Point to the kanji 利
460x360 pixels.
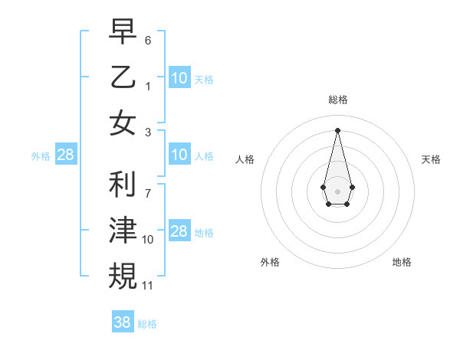coord(123,185)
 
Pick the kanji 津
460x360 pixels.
coord(123,231)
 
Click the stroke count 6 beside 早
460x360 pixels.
coord(148,38)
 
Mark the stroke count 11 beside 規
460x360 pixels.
coord(149,285)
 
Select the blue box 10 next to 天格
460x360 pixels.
coord(179,77)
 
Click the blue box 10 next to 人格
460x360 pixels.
coord(179,155)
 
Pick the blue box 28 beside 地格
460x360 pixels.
coord(179,231)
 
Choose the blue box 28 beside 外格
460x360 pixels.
coord(66,155)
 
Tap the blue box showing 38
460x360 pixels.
coord(123,322)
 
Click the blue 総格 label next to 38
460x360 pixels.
coord(147,324)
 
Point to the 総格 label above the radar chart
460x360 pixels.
coord(338,100)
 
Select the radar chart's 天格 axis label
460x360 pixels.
coord(432,159)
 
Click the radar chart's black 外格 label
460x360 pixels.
coord(270,262)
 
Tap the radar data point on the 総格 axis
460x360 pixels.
coord(337,129)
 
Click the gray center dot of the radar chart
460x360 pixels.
coord(337,190)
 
